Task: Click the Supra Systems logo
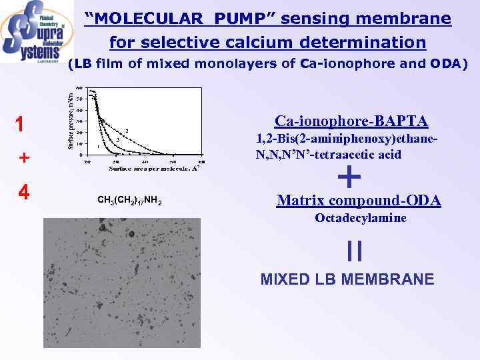37,31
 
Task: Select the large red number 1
23,125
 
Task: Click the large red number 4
23,192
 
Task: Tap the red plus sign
23,158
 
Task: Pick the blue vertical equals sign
355,251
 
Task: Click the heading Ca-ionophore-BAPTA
351,121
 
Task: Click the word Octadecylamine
361,218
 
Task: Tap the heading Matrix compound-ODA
358,200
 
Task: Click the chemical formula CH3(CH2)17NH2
131,201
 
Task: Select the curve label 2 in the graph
127,129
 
